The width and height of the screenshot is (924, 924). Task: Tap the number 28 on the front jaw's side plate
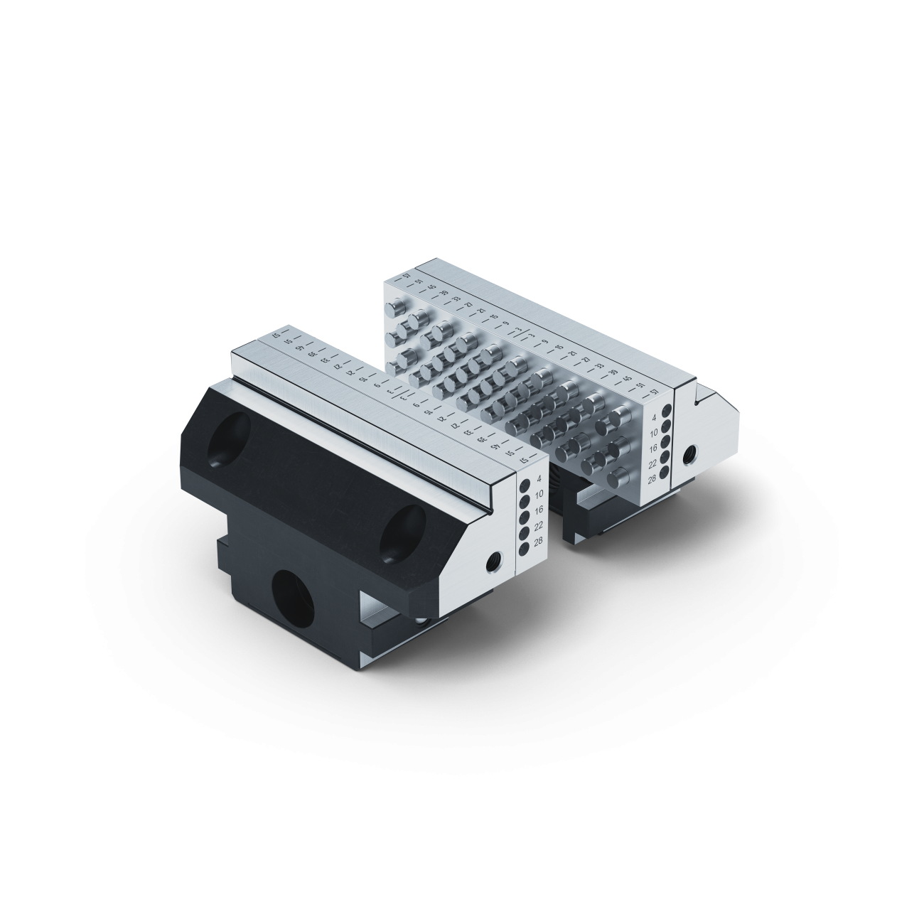(539, 542)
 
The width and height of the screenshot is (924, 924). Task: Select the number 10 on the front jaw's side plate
(539, 493)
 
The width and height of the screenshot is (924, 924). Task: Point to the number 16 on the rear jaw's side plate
(652, 448)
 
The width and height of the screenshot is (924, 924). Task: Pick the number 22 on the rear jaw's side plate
(652, 463)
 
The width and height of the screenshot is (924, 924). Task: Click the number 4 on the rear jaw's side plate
(653, 418)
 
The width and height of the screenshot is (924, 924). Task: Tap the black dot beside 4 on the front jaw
(523, 486)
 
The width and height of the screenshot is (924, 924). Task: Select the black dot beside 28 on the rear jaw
(666, 472)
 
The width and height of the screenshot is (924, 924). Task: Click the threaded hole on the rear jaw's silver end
(689, 453)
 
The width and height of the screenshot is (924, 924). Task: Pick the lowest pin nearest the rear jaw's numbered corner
(618, 478)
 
